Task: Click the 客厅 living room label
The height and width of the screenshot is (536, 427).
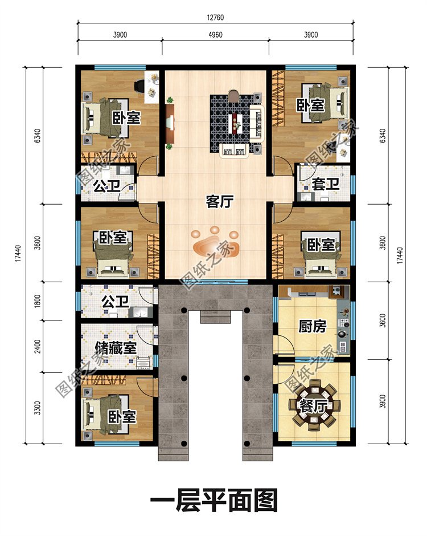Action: (x=219, y=202)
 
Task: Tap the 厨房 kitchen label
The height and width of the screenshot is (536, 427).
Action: (x=313, y=326)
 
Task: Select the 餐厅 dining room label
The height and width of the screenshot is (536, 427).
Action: (x=313, y=407)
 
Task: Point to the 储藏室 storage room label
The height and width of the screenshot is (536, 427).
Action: (x=116, y=348)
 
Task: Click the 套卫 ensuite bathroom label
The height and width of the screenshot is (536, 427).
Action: (x=325, y=184)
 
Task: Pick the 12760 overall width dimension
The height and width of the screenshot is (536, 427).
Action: (x=215, y=18)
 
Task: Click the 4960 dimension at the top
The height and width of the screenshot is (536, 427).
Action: (x=215, y=35)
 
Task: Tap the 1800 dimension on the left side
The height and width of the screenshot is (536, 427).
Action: (x=38, y=301)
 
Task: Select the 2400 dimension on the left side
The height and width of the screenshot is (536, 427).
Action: (x=38, y=346)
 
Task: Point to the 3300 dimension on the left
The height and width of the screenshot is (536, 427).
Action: (x=38, y=408)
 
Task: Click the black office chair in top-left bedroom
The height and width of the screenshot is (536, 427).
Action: (x=139, y=86)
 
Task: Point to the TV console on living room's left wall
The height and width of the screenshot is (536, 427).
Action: (x=170, y=124)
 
